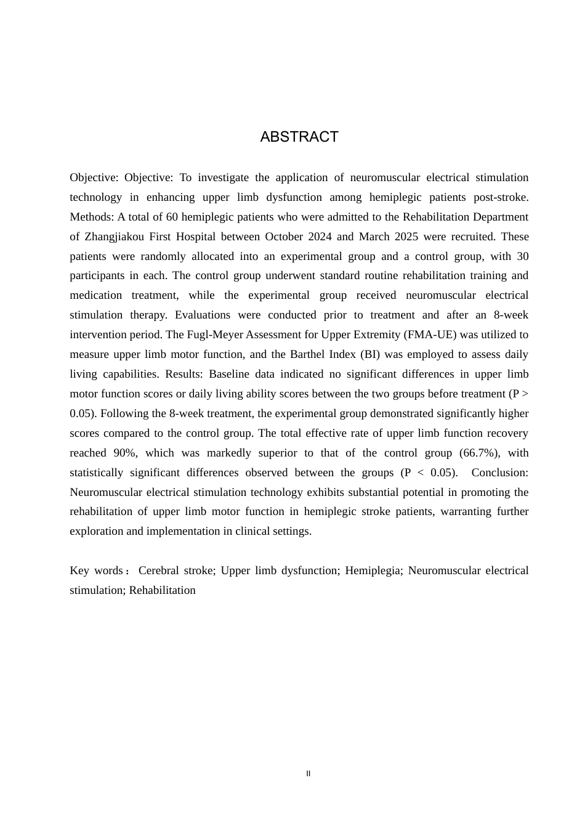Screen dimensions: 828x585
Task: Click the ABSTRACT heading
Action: [299, 137]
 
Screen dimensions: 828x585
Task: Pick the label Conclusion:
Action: [499, 473]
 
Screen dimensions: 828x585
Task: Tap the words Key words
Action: [96, 570]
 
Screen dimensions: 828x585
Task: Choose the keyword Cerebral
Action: [159, 570]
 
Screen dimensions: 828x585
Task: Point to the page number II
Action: [309, 774]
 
